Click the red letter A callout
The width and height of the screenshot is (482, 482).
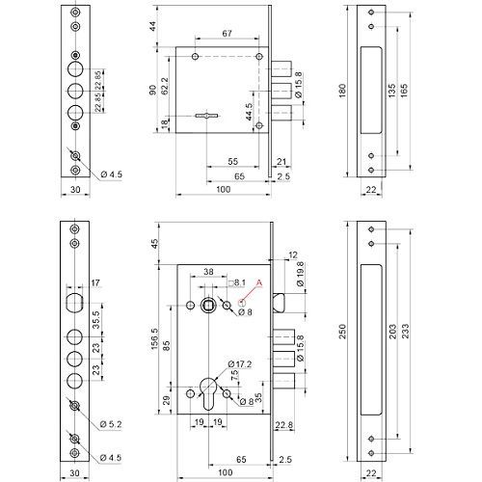(259, 282)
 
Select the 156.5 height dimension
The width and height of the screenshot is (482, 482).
(155, 339)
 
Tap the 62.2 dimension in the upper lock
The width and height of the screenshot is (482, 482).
(165, 86)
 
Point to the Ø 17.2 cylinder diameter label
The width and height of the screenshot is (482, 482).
(240, 364)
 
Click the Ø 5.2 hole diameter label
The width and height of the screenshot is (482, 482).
(111, 424)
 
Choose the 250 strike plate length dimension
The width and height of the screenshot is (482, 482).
(343, 332)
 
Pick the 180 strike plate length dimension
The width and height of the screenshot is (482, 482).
(343, 91)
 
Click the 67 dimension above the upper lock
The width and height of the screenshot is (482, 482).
(227, 34)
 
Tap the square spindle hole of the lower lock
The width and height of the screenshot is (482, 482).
(208, 305)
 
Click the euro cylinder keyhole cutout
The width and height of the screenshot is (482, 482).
(208, 393)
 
